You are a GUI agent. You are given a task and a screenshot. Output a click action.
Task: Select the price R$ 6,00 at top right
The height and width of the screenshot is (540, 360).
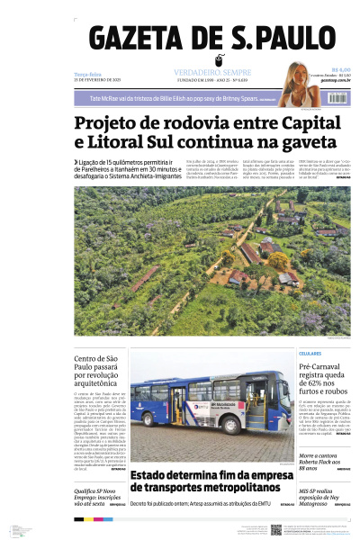coord(340,69)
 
